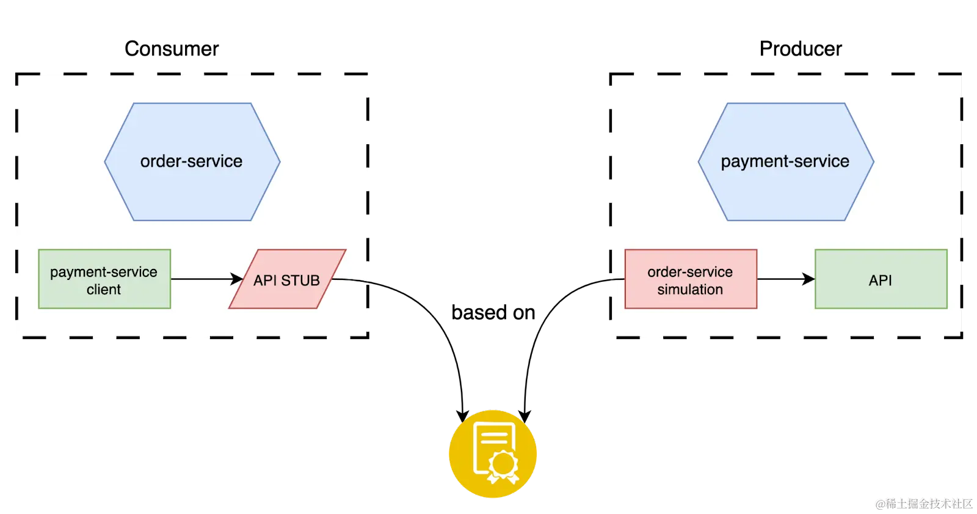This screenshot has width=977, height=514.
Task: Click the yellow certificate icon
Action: pyautogui.click(x=493, y=453)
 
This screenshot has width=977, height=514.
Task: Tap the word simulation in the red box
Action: pyautogui.click(x=690, y=290)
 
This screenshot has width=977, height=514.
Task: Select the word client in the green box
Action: pyautogui.click(x=104, y=290)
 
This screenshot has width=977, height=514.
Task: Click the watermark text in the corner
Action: pyautogui.click(x=923, y=503)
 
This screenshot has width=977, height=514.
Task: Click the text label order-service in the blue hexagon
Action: pyautogui.click(x=192, y=161)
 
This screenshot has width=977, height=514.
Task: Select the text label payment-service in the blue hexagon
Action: pyautogui.click(x=785, y=161)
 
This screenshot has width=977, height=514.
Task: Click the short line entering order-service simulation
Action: pyautogui.click(x=618, y=279)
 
